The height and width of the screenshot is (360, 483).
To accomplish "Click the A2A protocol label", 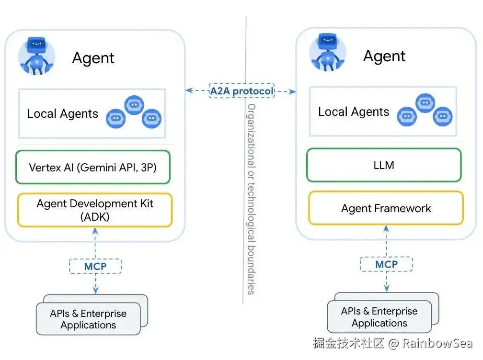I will pyautogui.click(x=241, y=90).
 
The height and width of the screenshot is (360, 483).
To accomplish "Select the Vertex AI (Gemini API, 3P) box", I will pyautogui.click(x=93, y=167).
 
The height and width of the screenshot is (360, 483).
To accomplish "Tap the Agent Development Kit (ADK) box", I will pyautogui.click(x=94, y=210).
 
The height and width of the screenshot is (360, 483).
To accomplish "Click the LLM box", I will pyautogui.click(x=384, y=165).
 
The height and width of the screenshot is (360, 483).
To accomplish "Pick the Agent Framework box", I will pyautogui.click(x=386, y=208).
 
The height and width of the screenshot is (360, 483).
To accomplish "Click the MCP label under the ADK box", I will pyautogui.click(x=95, y=266).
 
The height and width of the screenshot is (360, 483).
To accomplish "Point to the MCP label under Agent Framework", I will pyautogui.click(x=386, y=264).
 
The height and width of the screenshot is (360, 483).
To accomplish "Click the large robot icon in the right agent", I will pyautogui.click(x=328, y=53).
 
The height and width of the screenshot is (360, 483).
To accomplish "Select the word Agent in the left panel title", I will pyautogui.click(x=93, y=58).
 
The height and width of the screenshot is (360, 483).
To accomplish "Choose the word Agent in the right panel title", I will pyautogui.click(x=384, y=56).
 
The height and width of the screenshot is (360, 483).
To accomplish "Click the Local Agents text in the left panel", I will pyautogui.click(x=62, y=114).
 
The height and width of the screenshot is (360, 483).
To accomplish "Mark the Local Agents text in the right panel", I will pyautogui.click(x=354, y=112).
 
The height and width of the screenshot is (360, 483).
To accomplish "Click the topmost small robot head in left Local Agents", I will pyautogui.click(x=134, y=104).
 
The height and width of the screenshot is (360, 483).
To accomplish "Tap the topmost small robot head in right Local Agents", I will pyautogui.click(x=425, y=102).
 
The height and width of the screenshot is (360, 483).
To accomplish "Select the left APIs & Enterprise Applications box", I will pyautogui.click(x=88, y=319).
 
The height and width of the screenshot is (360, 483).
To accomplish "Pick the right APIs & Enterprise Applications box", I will pyautogui.click(x=379, y=317).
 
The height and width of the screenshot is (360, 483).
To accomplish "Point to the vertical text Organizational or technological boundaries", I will pyautogui.click(x=251, y=199).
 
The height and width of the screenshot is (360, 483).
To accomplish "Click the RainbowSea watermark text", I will pyautogui.click(x=437, y=343).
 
